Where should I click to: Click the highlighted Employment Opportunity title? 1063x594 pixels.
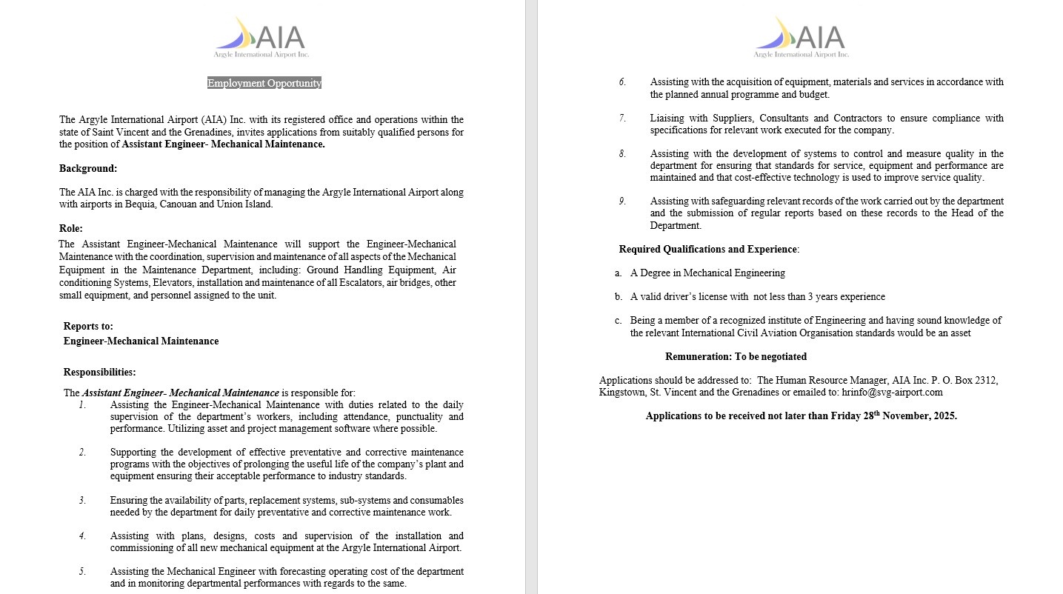(x=264, y=83)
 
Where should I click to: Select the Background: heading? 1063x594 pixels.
(x=88, y=168)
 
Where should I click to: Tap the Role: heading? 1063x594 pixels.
(x=71, y=228)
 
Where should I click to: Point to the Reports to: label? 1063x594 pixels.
(x=88, y=326)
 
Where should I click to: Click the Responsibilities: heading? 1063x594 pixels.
(x=99, y=372)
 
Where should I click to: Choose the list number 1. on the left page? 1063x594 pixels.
(x=83, y=405)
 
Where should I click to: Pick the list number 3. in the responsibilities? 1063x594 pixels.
(x=83, y=500)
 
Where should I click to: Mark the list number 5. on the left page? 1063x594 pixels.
(x=83, y=571)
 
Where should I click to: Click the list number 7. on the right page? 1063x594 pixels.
(x=622, y=118)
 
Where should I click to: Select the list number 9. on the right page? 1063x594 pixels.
(x=622, y=201)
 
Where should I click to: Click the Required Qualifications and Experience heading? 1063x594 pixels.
(x=709, y=249)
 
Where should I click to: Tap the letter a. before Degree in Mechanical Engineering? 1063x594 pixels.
(x=618, y=273)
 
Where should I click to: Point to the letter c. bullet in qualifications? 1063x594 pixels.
(x=618, y=320)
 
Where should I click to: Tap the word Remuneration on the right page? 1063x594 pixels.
(x=698, y=356)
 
